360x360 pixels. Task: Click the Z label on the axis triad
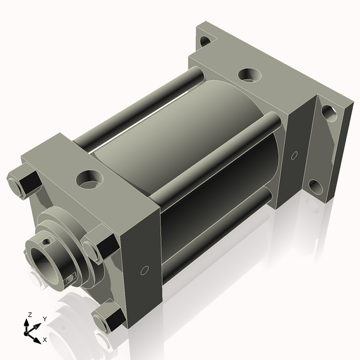(29, 314)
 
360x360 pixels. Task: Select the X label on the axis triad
(45, 340)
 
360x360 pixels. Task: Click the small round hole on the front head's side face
(144, 271)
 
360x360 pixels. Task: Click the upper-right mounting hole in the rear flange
(328, 112)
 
